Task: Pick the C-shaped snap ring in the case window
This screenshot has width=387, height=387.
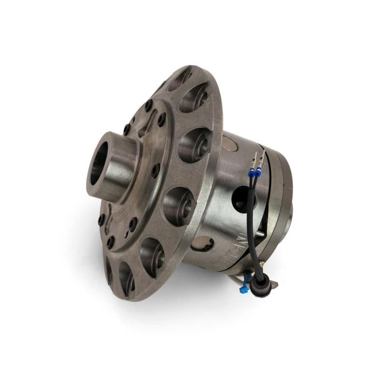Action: (202, 244)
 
